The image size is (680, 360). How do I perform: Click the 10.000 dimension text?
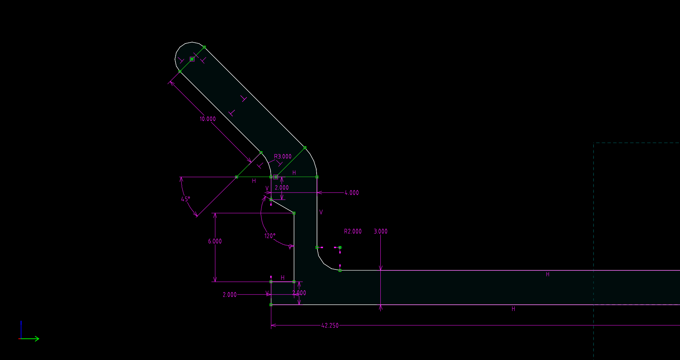208,119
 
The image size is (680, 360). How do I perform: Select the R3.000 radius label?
283,156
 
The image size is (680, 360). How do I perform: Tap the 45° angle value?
186,199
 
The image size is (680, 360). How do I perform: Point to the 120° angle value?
270,236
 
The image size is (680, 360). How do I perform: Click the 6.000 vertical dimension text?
215,241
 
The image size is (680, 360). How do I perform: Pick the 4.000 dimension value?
352,193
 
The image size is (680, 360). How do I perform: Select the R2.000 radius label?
353,232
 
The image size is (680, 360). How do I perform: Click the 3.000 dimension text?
381,232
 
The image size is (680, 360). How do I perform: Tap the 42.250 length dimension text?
330,326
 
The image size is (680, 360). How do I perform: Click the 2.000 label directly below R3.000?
282,188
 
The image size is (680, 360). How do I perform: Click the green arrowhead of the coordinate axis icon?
37,339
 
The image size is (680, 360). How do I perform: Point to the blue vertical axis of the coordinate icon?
21,329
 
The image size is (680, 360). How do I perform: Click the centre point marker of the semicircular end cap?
192,59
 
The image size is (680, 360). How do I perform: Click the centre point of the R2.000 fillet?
340,247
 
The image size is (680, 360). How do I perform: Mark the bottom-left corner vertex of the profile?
271,305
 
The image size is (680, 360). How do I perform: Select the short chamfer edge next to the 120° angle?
283,206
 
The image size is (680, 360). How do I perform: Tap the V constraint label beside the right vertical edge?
321,212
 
